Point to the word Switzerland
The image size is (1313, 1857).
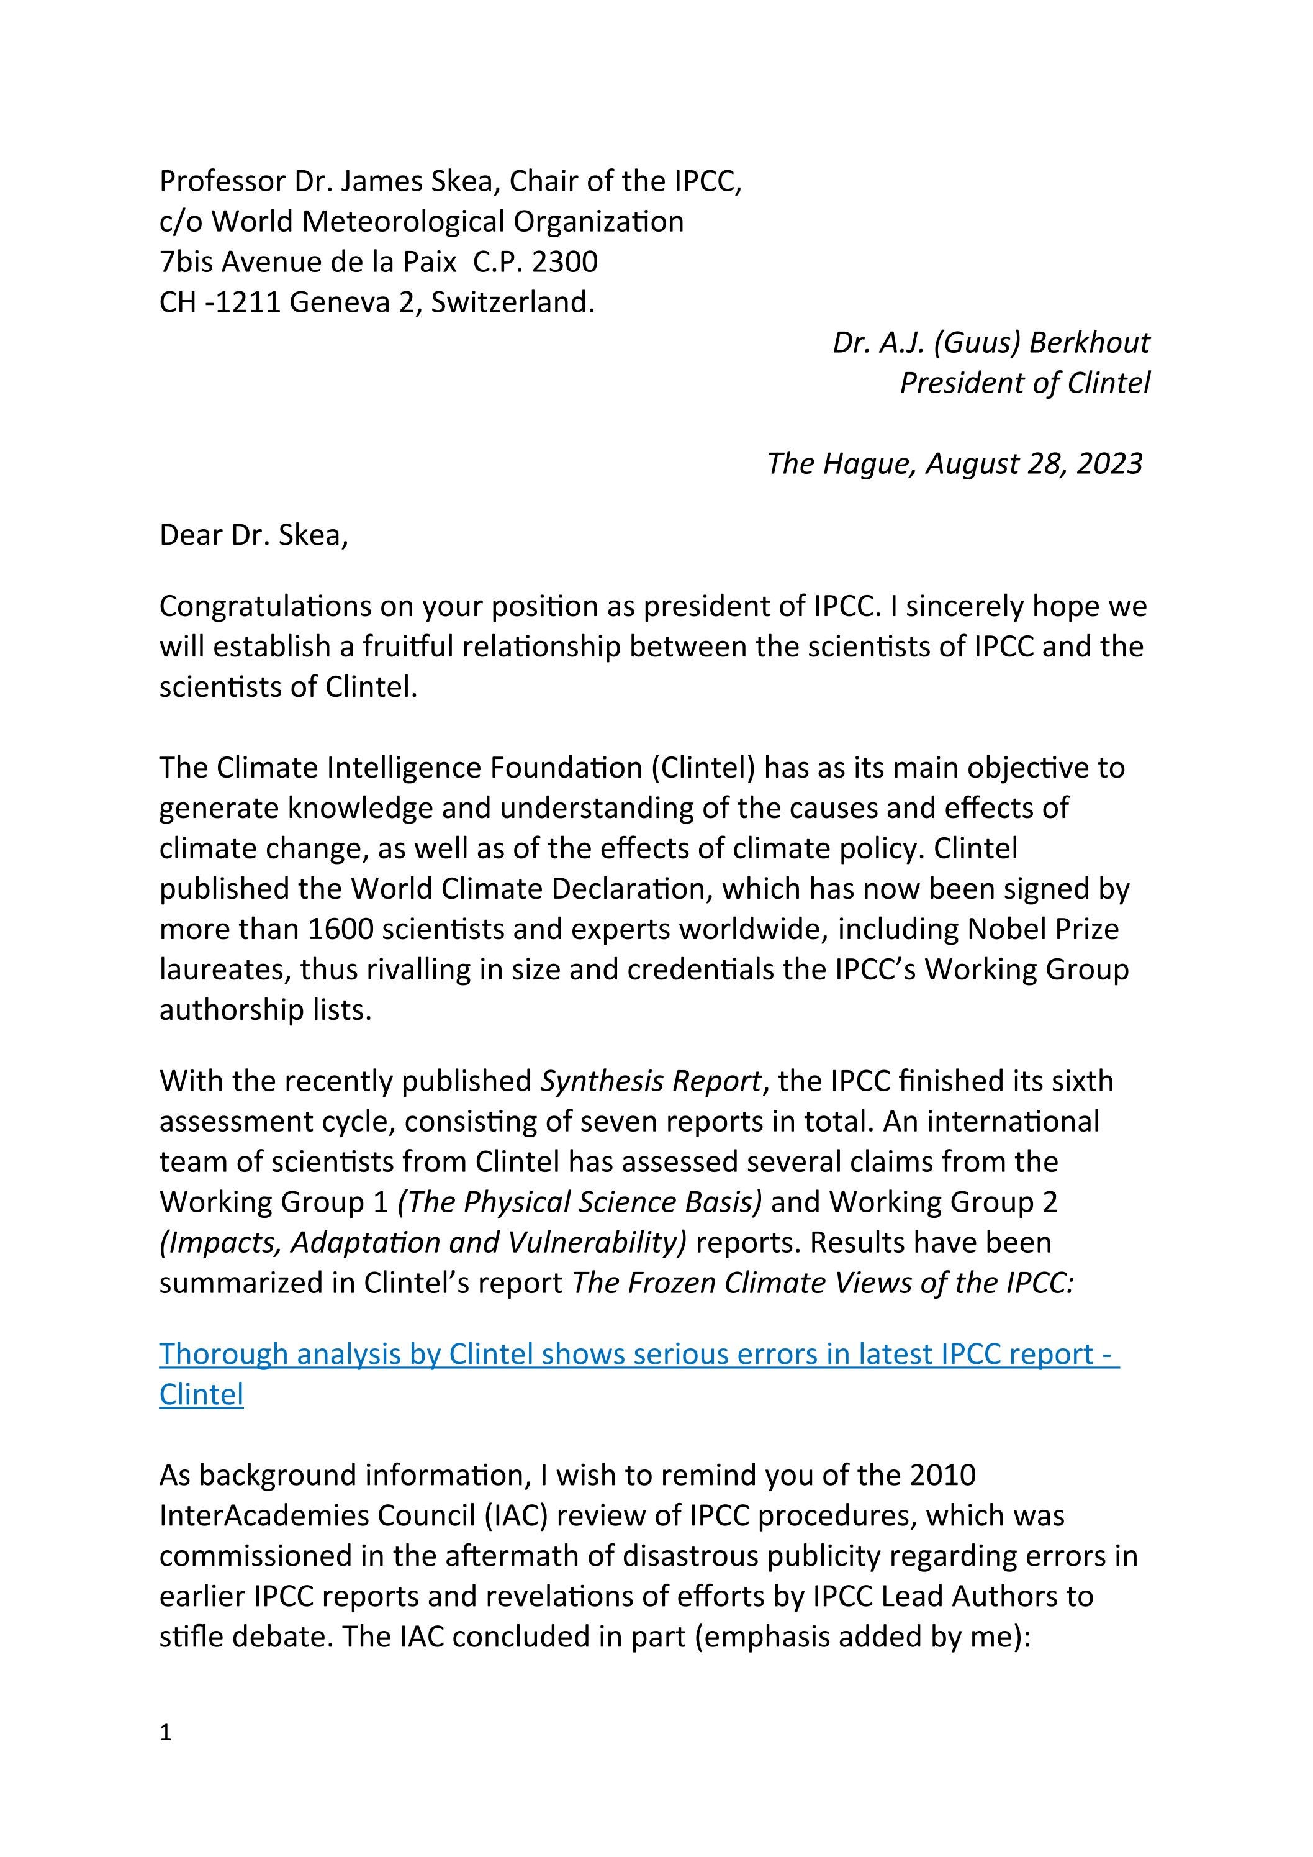(x=512, y=302)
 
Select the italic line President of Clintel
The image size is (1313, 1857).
(x=1024, y=383)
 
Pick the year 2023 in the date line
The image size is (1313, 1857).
(x=1109, y=463)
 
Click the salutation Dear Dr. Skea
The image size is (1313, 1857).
(x=254, y=535)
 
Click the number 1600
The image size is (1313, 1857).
(x=340, y=929)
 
